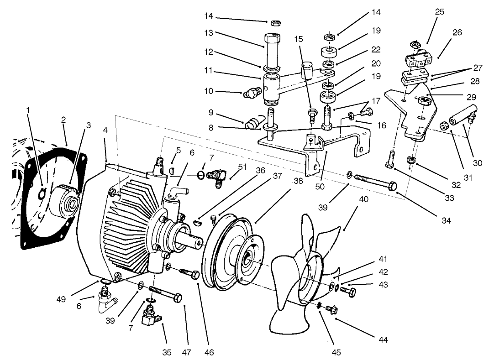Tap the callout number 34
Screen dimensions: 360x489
446,221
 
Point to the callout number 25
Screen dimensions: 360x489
439,12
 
